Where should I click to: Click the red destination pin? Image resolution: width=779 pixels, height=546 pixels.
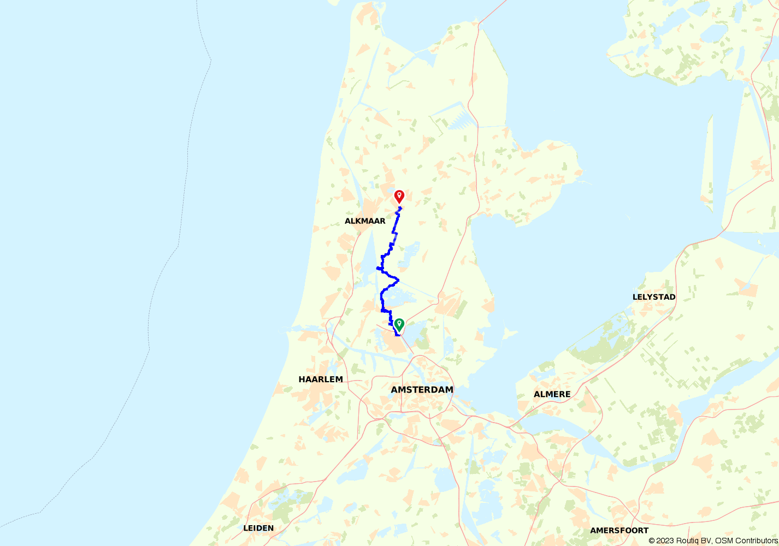click(x=399, y=197)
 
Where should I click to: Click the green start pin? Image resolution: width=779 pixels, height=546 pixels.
click(x=399, y=325)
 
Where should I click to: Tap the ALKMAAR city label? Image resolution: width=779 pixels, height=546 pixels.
click(x=365, y=221)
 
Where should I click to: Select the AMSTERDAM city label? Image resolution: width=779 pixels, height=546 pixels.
click(x=422, y=389)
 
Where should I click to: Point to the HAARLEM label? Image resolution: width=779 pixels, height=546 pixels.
click(x=321, y=379)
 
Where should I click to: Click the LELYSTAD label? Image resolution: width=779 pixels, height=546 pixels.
click(x=654, y=297)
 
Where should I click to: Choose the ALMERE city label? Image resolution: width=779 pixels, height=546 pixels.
click(x=552, y=394)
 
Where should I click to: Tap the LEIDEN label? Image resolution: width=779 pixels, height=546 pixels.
click(x=258, y=528)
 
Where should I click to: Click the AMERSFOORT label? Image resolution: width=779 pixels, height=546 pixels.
click(x=619, y=530)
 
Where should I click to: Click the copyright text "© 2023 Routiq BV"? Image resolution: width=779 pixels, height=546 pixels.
click(x=680, y=541)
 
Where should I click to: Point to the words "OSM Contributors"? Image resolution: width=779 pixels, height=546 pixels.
click(x=746, y=541)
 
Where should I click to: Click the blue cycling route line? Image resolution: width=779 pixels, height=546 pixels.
click(x=381, y=298)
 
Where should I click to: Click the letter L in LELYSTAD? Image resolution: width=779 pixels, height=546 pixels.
click(x=635, y=297)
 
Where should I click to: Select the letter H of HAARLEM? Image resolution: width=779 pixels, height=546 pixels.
click(x=302, y=379)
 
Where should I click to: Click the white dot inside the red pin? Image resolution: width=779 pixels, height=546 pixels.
click(x=399, y=194)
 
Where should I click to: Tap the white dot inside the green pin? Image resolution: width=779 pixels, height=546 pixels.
click(x=399, y=323)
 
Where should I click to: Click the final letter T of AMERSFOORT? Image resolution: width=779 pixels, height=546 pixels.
click(x=646, y=530)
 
